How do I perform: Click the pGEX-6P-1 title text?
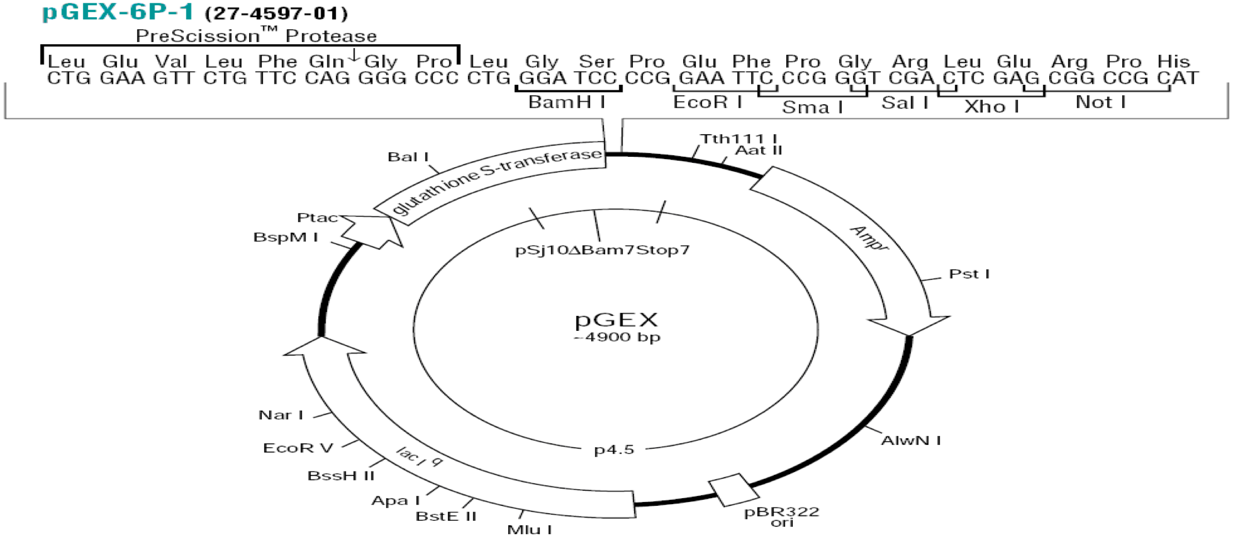coord(118,12)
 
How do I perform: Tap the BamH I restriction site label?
coord(566,102)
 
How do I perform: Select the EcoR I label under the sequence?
coord(707,102)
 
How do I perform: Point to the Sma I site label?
coord(812,106)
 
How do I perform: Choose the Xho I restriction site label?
coord(992,106)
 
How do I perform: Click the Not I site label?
coord(1100,102)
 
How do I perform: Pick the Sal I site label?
coord(905,103)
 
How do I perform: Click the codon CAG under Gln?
coord(327,78)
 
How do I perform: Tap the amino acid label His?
coord(1173,61)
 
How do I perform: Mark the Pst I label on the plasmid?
coord(969,274)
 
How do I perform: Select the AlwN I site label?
coord(911,440)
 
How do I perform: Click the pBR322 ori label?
coord(781,516)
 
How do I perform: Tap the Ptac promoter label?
coord(317,218)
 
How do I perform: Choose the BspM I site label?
coord(285,237)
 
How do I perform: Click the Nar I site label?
coord(281,415)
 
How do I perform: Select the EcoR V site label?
coord(298,448)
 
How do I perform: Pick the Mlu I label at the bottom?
coord(529,529)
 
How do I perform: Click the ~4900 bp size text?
coord(617,337)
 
